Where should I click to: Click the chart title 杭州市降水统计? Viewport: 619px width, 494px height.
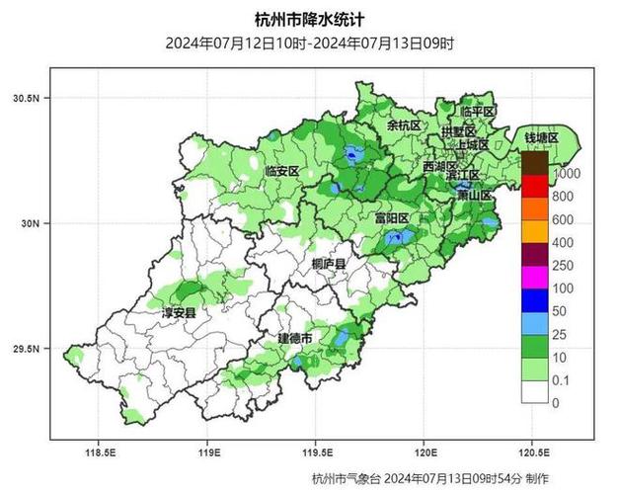[x=309, y=19]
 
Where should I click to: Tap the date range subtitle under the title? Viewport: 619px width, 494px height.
[x=309, y=43]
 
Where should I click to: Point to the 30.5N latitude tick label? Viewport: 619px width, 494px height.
[x=26, y=99]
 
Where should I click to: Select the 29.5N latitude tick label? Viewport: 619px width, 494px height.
[x=26, y=350]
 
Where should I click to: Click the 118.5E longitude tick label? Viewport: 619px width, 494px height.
[x=101, y=453]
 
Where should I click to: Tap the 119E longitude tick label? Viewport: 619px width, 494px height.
[x=206, y=453]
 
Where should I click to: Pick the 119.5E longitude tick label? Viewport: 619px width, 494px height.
[x=315, y=453]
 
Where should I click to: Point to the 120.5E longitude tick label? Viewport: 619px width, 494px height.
[x=532, y=453]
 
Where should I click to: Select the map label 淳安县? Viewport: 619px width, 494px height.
[x=179, y=312]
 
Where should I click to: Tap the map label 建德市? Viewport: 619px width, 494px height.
[x=294, y=339]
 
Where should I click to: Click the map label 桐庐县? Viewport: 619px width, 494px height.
[x=328, y=264]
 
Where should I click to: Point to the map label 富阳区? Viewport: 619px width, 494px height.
[x=392, y=217]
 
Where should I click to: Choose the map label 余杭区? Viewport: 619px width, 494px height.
[x=403, y=126]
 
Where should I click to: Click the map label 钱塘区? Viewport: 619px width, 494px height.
[x=541, y=137]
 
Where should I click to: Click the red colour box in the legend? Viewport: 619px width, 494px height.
[x=534, y=185]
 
